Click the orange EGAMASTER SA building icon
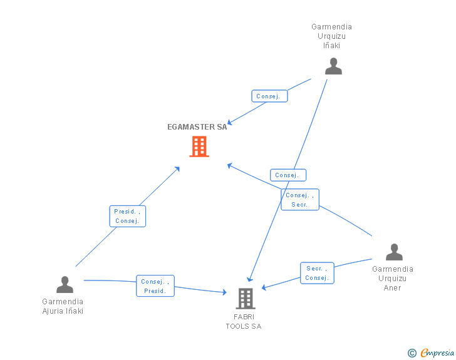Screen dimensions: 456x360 pos(199,147)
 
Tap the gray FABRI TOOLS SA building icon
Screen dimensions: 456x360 pos(246,299)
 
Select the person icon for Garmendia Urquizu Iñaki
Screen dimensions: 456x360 pos(333,66)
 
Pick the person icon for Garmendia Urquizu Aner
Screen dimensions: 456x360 pos(394,252)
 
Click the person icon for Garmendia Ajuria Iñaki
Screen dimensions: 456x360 pos(65,284)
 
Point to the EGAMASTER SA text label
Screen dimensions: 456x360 pos(197,127)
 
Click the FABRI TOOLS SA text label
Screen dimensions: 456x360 pos(244,321)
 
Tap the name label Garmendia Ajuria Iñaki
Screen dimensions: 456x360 pos(63,306)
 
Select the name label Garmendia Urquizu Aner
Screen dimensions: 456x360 pos(393,278)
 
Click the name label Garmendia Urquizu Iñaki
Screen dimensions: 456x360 pos(331,36)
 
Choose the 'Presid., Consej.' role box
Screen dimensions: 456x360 pos(128,216)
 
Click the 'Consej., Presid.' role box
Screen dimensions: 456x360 pos(155,286)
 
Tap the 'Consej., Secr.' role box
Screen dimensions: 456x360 pos(300,200)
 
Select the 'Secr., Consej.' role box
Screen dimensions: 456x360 pos(317,273)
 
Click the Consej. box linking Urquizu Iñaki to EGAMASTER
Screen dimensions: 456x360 pos(269,96)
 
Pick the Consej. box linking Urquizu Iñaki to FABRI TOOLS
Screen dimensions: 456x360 pos(288,175)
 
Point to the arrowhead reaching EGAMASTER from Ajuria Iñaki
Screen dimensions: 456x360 pos(177,169)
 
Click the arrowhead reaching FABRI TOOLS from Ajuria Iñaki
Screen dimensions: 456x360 pos(224,292)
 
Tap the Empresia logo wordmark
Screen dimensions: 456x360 pos(437,352)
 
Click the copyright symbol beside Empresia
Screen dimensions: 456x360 pos(412,353)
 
